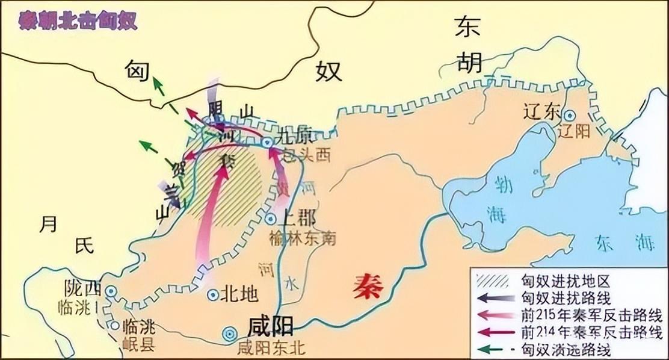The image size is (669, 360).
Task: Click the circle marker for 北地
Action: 213,295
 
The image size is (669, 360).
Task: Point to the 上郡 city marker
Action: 271,220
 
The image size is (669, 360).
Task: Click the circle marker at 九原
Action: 267,143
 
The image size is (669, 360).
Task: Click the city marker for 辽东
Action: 569,114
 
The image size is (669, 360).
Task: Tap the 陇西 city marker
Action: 111,291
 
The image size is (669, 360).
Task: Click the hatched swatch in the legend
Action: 493,281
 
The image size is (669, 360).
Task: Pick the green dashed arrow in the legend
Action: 493,349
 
